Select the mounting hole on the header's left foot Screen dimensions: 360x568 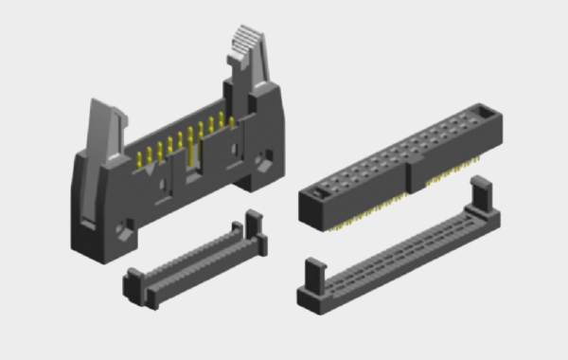tap(122, 230)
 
